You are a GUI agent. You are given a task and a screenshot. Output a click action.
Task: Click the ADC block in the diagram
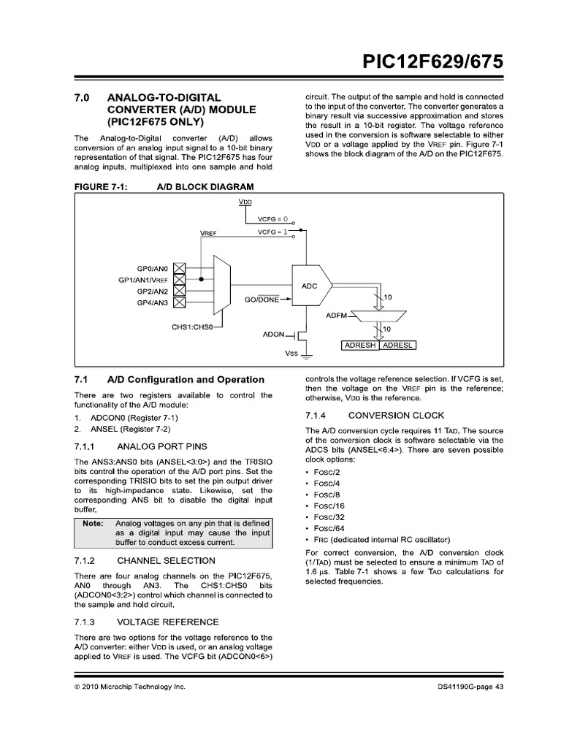310,286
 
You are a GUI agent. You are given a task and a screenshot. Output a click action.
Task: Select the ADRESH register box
359,345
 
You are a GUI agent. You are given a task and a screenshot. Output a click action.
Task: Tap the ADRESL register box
397,345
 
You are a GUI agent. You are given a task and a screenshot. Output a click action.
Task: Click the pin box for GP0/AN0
179,268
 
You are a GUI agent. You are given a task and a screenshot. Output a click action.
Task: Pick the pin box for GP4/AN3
179,302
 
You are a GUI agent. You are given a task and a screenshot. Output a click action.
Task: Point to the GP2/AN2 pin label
152,291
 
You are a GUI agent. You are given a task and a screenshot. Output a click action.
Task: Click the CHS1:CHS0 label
191,327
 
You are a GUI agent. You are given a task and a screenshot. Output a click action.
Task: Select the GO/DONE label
262,299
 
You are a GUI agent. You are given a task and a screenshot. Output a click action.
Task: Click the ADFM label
337,315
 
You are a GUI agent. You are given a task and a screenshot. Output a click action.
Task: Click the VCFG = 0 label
273,218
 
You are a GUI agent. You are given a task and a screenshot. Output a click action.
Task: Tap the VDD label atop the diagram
245,201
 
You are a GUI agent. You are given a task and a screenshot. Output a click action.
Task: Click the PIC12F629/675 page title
433,63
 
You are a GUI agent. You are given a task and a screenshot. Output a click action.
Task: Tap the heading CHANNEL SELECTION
166,560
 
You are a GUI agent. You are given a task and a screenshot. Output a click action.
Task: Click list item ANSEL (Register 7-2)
128,429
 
